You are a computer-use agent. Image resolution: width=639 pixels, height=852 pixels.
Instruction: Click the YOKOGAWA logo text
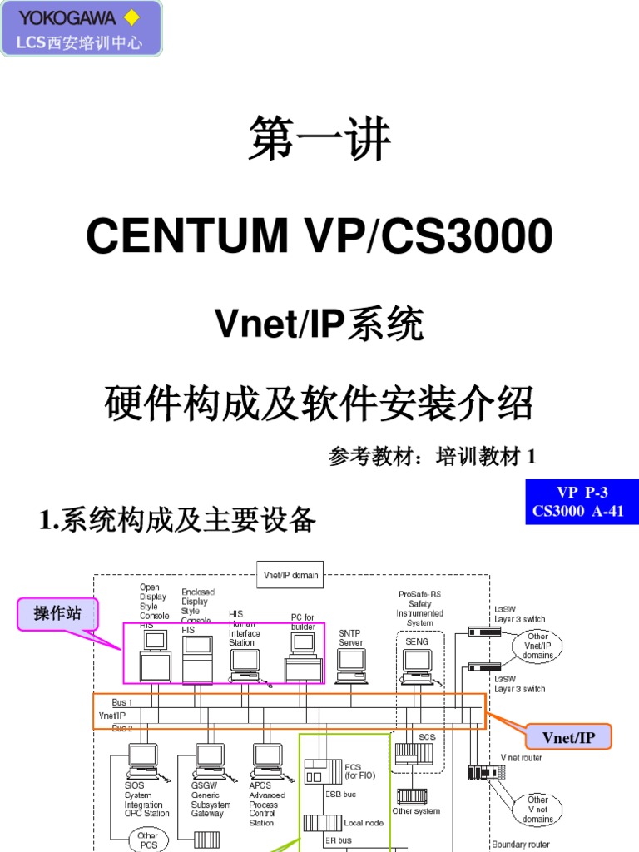pyautogui.click(x=57, y=17)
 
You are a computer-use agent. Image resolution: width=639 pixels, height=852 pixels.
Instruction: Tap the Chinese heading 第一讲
pyautogui.click(x=319, y=140)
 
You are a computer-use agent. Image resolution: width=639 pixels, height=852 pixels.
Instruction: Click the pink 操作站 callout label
pyautogui.click(x=57, y=614)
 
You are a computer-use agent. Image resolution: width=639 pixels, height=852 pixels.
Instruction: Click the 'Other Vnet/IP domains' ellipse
pyautogui.click(x=537, y=646)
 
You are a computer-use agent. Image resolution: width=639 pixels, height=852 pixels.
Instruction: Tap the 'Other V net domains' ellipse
pyautogui.click(x=537, y=809)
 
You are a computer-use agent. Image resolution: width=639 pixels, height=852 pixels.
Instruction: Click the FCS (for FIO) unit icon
pyautogui.click(x=322, y=770)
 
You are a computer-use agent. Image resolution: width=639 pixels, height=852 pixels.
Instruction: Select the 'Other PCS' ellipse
pyautogui.click(x=148, y=840)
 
